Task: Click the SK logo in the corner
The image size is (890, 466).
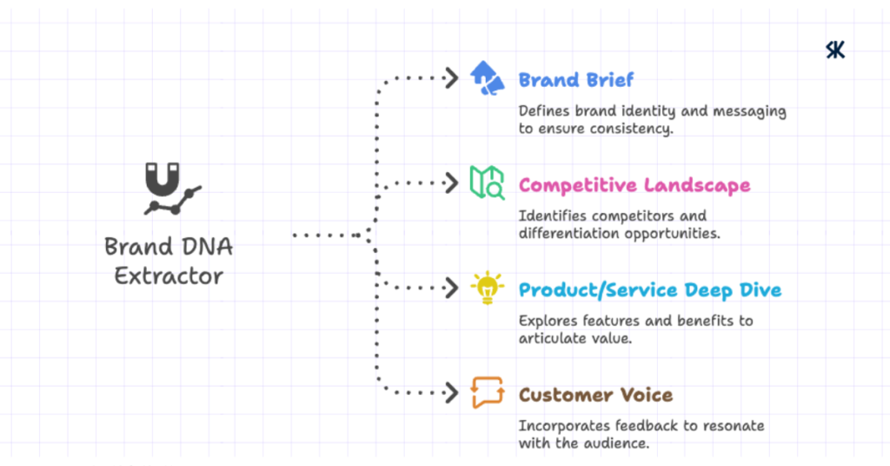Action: click(x=835, y=50)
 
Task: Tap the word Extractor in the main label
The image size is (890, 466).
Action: click(x=169, y=276)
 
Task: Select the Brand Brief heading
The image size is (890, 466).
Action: click(x=576, y=80)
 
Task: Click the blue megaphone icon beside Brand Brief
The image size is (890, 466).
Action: click(x=487, y=78)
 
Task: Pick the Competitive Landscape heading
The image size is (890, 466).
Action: click(x=634, y=185)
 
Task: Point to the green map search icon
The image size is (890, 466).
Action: click(x=487, y=183)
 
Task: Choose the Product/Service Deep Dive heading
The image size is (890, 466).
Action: click(x=650, y=290)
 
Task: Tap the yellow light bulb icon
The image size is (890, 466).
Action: click(x=487, y=288)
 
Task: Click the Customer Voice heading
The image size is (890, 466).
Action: click(x=595, y=395)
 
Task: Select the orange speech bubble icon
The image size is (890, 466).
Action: click(x=487, y=392)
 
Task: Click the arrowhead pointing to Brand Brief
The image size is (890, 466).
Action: click(x=451, y=78)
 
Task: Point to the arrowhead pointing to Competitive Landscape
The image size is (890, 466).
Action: click(x=451, y=183)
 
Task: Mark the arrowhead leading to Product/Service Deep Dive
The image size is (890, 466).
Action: click(x=451, y=288)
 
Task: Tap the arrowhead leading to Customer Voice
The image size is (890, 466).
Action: click(x=451, y=392)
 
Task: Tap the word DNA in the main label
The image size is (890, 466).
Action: click(x=206, y=246)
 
